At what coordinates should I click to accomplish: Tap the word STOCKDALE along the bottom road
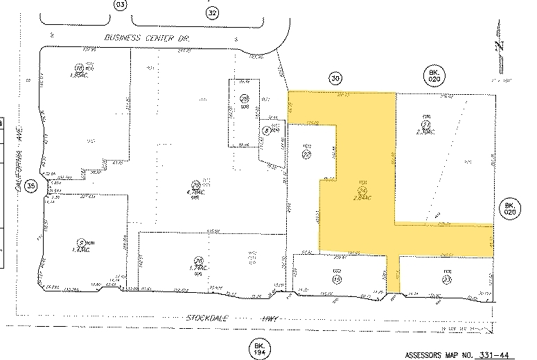pos(209,318)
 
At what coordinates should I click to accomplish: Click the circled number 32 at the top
pos(212,12)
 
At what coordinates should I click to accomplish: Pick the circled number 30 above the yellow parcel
pos(336,79)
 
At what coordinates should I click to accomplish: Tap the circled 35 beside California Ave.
pos(30,186)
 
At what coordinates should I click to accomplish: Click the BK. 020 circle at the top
pos(434,75)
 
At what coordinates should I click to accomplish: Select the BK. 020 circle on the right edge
pos(509,208)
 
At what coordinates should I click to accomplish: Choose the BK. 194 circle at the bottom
pos(259,348)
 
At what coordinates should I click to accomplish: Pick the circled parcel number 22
pos(306,156)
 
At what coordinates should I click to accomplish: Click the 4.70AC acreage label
pos(196,192)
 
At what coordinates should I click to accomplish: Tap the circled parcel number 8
pos(265,129)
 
